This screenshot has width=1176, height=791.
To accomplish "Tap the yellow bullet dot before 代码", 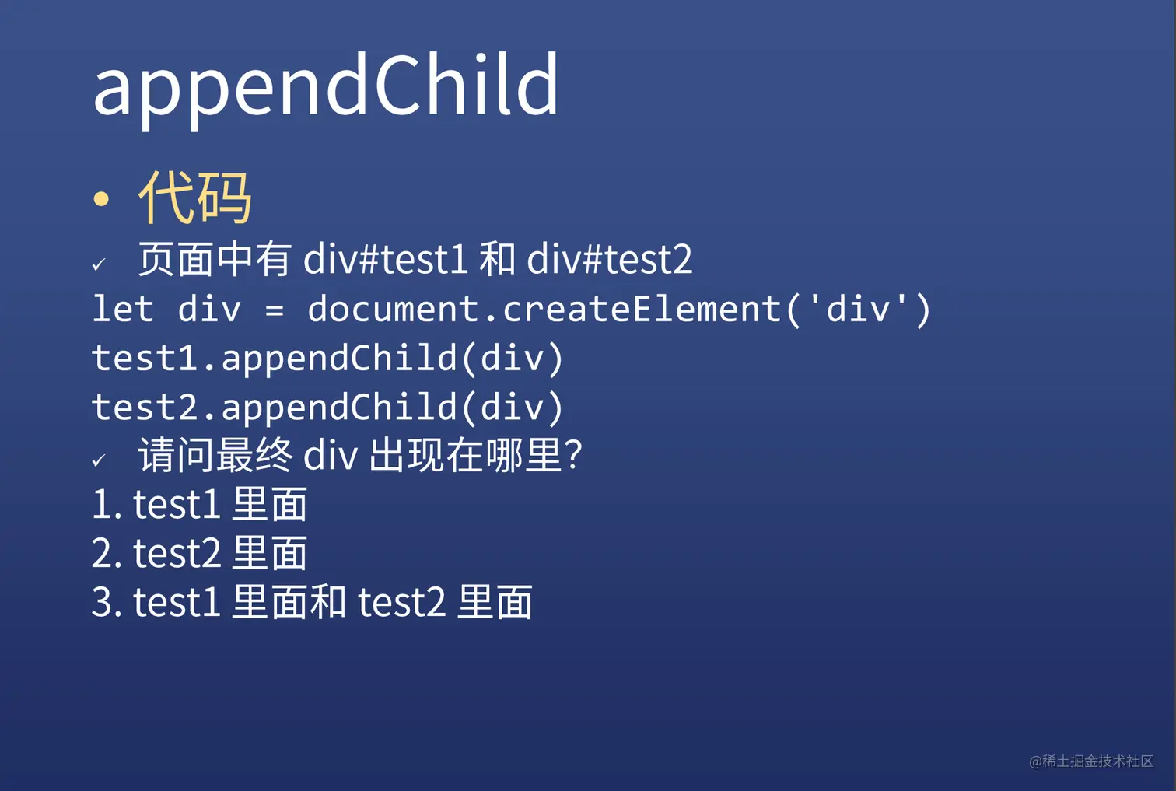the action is coord(101,199).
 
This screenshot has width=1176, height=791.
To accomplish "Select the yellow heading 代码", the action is coord(194,198).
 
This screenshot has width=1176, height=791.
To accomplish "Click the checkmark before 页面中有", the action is coord(99,264).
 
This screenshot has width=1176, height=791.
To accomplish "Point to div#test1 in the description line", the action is coord(385,259).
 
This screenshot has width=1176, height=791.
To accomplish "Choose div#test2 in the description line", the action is coord(609,259).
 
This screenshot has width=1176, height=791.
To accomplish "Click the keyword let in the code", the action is coord(123,308).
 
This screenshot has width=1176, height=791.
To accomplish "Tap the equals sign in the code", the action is coord(275,310).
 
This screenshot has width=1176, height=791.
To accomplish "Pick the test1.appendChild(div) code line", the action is coord(327,359).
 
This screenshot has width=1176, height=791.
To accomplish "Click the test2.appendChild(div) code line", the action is coord(327,408).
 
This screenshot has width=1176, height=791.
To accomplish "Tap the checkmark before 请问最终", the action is coord(99,460).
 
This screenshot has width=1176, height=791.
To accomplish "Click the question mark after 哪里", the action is coord(574,454).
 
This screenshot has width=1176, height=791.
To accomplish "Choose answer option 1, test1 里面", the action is coord(199,504).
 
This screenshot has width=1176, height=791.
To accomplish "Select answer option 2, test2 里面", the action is coord(199,553).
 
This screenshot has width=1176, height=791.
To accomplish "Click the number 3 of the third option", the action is coord(102,602).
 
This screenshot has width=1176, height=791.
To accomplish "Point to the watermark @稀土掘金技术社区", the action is coord(1091,761).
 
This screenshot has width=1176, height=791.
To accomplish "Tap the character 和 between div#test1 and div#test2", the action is coord(497,259).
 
